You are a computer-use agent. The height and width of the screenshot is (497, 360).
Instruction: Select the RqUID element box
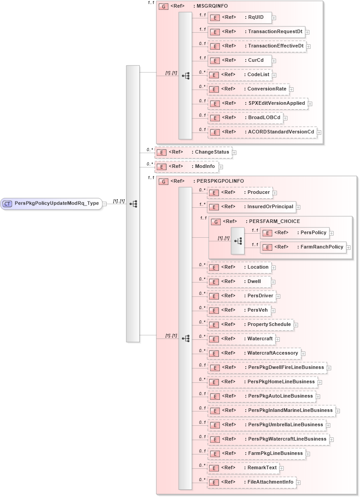tap(240, 17)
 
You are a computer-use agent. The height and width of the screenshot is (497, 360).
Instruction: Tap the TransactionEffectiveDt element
tap(257, 46)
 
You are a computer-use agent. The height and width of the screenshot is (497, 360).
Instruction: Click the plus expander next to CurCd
tap(274, 61)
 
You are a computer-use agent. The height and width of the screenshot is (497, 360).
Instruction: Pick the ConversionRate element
tap(248, 89)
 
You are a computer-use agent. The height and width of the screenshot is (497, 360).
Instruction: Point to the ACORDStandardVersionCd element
tap(262, 132)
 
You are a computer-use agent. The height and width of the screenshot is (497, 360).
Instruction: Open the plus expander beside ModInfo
tap(221, 167)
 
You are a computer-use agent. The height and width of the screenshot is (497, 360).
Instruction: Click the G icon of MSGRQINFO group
tap(164, 7)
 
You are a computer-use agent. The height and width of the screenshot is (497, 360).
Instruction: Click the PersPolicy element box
tap(295, 232)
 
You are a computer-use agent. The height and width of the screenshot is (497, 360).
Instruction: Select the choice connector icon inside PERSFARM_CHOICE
tap(238, 241)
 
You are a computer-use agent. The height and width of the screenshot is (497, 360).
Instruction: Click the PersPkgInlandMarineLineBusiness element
tap(271, 411)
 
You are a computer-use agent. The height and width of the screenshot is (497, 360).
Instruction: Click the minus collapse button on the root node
tap(104, 204)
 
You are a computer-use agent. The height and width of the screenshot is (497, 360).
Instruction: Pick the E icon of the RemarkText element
tap(215, 468)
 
